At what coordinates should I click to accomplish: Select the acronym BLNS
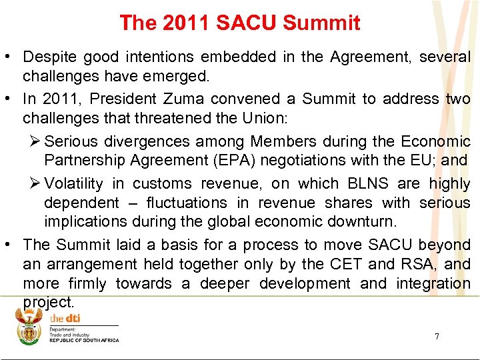click(x=367, y=183)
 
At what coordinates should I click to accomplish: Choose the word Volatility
click(x=73, y=183)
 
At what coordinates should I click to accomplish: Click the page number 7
click(x=437, y=337)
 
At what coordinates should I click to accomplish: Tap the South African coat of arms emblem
click(x=29, y=327)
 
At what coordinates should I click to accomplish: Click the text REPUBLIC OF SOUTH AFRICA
click(x=84, y=341)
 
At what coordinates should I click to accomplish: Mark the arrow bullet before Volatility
click(x=36, y=183)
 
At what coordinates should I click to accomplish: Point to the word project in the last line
click(x=47, y=302)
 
